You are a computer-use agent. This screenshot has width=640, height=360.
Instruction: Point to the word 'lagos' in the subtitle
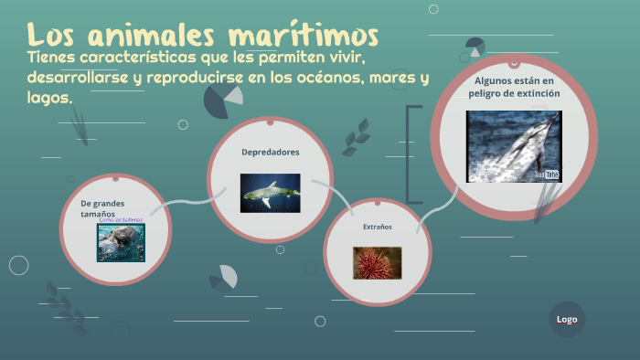pyautogui.click(x=48, y=97)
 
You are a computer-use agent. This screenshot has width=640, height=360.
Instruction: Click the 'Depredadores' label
pyautogui.click(x=270, y=152)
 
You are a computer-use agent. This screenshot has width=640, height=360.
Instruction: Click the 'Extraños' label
pyautogui.click(x=378, y=226)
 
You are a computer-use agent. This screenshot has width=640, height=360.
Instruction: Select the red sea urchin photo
pyautogui.click(x=378, y=262)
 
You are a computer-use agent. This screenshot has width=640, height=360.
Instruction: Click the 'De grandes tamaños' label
pyautogui.click(x=102, y=207)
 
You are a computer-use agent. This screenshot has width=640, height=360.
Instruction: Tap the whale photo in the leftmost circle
pyautogui.click(x=122, y=243)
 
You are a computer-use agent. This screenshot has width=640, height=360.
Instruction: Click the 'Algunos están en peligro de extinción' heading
pyautogui.click(x=513, y=87)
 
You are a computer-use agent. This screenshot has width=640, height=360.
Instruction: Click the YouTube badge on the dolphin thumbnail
pyautogui.click(x=547, y=174)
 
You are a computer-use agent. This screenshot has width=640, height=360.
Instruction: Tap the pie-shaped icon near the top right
pyautogui.click(x=475, y=48)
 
